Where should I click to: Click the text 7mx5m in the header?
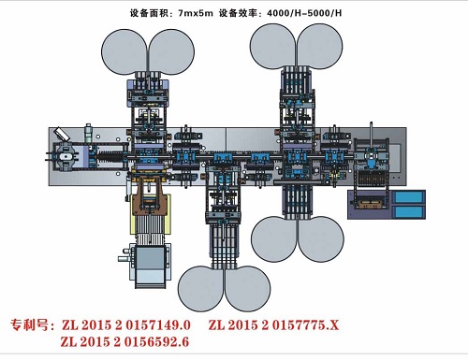click(x=196, y=13)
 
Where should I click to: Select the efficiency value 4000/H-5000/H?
click(x=304, y=13)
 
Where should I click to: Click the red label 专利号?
click(x=29, y=325)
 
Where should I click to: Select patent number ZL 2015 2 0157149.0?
click(x=126, y=325)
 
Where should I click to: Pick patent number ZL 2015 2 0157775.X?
click(x=273, y=325)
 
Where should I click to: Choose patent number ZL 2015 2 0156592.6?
click(x=124, y=342)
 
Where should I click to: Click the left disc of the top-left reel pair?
click(x=124, y=52)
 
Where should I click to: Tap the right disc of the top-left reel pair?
click(x=171, y=52)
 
